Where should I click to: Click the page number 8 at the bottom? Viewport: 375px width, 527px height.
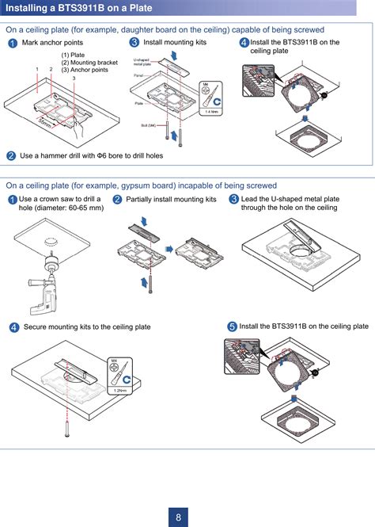(179, 517)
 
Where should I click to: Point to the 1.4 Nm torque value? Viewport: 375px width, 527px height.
(211, 112)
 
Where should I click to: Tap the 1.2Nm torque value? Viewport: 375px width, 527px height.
(119, 391)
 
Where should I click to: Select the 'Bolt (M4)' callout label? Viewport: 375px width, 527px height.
(148, 125)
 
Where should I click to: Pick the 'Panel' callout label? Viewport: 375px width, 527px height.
(138, 75)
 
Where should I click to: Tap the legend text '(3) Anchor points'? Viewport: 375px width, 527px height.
(85, 70)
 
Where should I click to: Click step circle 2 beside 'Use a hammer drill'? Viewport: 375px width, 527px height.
(11, 155)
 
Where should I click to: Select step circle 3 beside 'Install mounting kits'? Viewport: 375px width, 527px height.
(134, 42)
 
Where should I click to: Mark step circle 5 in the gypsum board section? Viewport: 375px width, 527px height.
(232, 327)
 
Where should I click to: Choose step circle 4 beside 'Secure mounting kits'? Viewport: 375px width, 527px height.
(14, 327)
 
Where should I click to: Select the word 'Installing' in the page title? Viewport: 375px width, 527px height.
(27, 9)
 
